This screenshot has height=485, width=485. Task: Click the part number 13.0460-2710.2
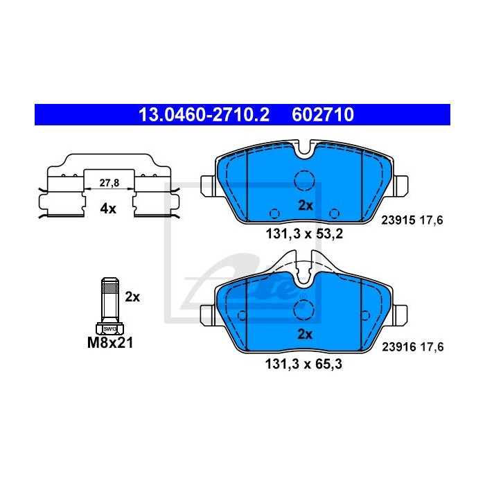(204, 115)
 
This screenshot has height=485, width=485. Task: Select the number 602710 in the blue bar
(323, 115)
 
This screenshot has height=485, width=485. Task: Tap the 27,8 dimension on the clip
(109, 183)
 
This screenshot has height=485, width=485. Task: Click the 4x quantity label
(108, 209)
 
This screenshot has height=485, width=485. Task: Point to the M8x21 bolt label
(110, 343)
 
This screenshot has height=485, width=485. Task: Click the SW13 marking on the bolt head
(109, 329)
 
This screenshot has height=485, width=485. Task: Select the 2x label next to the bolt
(132, 297)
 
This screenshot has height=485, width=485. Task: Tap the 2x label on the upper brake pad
(306, 205)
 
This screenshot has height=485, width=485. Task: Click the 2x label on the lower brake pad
(305, 334)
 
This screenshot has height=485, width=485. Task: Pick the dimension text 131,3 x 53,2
(304, 234)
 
